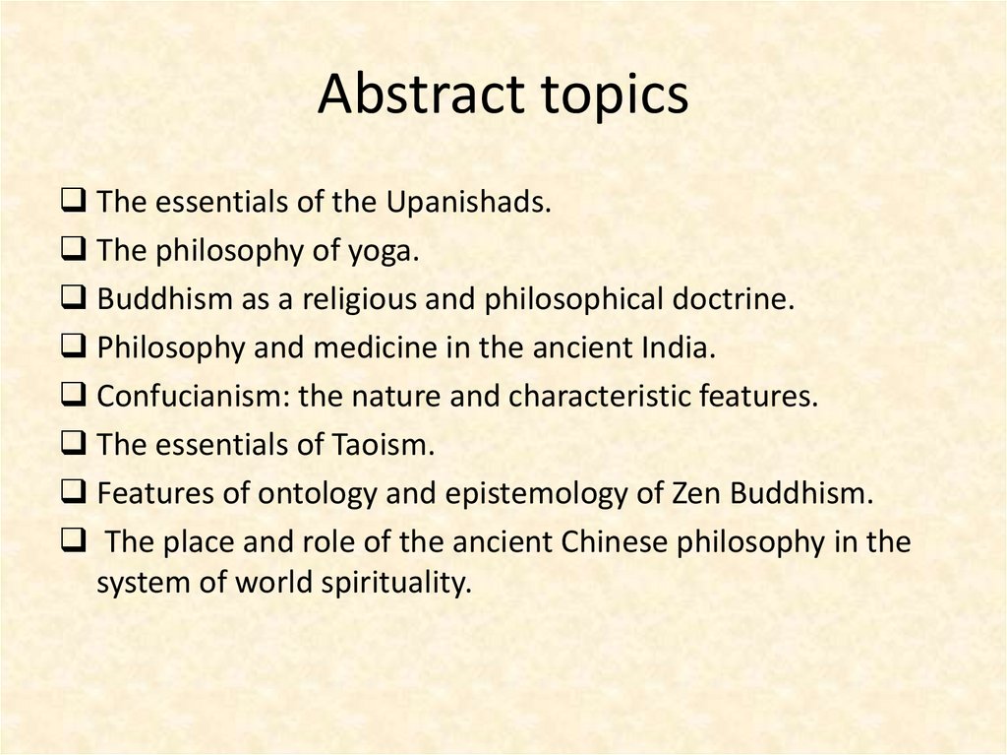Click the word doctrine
click(730, 300)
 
